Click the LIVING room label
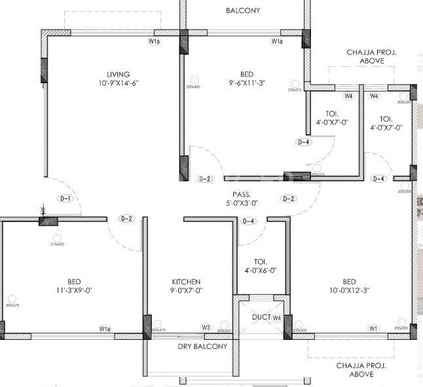119,74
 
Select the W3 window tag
206,327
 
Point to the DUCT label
261,318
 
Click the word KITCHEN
186,282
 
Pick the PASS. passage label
240,194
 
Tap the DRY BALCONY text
202,346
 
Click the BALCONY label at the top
242,10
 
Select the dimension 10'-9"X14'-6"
119,83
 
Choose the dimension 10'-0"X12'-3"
348,290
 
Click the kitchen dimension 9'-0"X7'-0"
186,290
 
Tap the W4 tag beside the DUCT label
277,318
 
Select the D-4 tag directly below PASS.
249,221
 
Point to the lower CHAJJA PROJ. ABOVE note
355,369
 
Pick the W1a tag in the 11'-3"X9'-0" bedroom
105,328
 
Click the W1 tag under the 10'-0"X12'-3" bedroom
373,327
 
